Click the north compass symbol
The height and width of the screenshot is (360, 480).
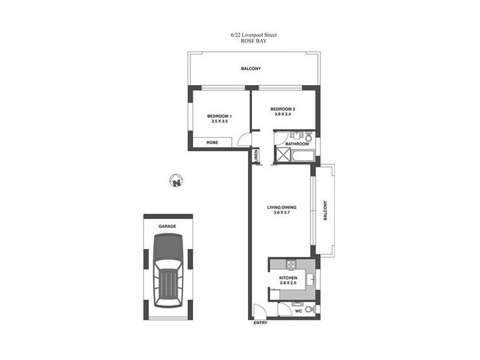176,181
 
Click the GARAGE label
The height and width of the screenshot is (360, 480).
167,226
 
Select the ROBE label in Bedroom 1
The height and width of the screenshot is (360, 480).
212,143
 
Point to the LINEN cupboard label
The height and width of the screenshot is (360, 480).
256,155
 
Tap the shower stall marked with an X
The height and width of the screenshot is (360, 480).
281,155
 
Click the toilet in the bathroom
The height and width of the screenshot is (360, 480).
308,136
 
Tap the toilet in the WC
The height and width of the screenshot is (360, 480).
309,310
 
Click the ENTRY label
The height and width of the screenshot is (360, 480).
260,323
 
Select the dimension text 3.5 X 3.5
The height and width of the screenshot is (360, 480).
220,121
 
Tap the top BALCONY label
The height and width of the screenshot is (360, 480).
251,69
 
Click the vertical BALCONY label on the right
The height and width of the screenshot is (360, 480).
325,211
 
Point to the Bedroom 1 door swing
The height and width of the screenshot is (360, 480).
245,139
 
